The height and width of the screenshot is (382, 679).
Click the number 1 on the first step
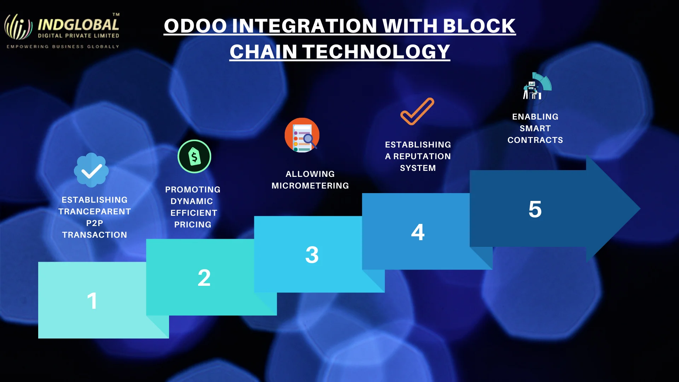click(92, 301)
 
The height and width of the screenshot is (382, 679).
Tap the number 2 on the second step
click(204, 278)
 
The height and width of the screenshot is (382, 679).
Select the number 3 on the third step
click(312, 255)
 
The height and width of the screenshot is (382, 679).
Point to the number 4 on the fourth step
click(418, 232)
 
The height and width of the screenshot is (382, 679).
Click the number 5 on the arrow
click(535, 209)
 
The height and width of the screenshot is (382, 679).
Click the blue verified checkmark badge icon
click(91, 170)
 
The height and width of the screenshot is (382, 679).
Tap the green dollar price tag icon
click(194, 156)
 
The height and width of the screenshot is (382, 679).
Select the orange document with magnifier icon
click(302, 135)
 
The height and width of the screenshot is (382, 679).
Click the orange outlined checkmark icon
click(417, 111)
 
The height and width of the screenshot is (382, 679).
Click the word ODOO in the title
click(195, 26)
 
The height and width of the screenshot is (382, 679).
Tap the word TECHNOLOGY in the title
click(376, 52)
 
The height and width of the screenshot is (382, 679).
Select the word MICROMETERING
click(310, 186)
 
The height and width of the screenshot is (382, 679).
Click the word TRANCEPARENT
click(94, 212)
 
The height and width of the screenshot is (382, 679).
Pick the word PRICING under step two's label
click(193, 225)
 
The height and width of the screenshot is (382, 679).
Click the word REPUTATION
click(422, 156)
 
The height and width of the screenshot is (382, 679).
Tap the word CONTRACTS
click(535, 140)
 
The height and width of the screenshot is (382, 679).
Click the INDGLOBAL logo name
click(78, 25)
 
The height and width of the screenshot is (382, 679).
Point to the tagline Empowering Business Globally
click(63, 47)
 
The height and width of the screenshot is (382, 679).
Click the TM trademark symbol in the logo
click(116, 15)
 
